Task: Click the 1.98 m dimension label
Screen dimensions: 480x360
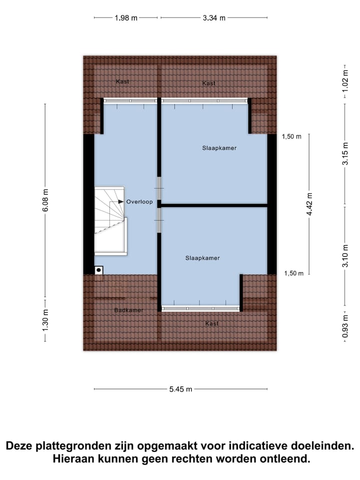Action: click(x=126, y=18)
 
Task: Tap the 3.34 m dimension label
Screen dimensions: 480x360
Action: click(x=214, y=18)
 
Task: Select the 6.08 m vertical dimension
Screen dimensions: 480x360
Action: click(x=45, y=199)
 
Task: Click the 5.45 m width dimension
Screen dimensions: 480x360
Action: click(x=180, y=389)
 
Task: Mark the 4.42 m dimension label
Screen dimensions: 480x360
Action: click(x=309, y=204)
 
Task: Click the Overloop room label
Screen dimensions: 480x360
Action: click(x=139, y=202)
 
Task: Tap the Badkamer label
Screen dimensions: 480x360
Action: click(x=128, y=310)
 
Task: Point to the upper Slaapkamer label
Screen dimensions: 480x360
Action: click(x=219, y=148)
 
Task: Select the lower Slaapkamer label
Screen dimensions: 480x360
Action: click(x=202, y=258)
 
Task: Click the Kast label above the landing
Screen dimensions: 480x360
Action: click(x=122, y=81)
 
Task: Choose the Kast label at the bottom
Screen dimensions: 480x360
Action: click(x=212, y=324)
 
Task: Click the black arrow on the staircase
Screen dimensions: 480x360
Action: click(x=120, y=201)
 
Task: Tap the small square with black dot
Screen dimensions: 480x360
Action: click(x=99, y=270)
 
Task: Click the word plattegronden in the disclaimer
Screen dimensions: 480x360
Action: click(x=74, y=445)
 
